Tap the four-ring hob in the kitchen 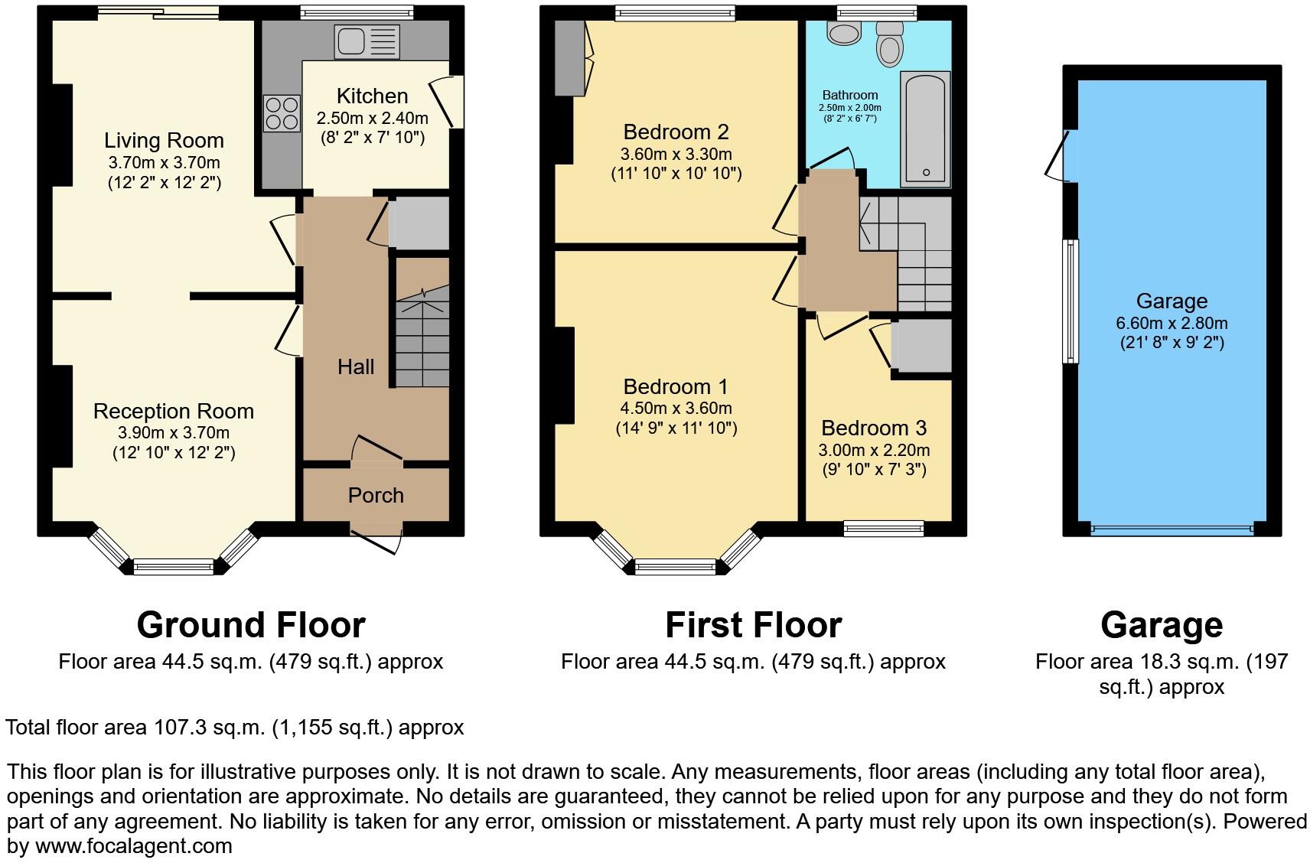(282, 112)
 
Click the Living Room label (164, 141)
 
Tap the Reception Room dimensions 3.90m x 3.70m (174, 433)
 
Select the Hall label (356, 367)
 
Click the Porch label (375, 496)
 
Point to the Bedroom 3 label (874, 428)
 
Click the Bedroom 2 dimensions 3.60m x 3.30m (676, 155)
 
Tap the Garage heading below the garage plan (1161, 625)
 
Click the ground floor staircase (422, 337)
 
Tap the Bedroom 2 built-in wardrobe (569, 58)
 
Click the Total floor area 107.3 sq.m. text (234, 728)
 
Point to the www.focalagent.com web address (133, 847)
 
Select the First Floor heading (753, 625)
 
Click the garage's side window (1071, 301)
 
